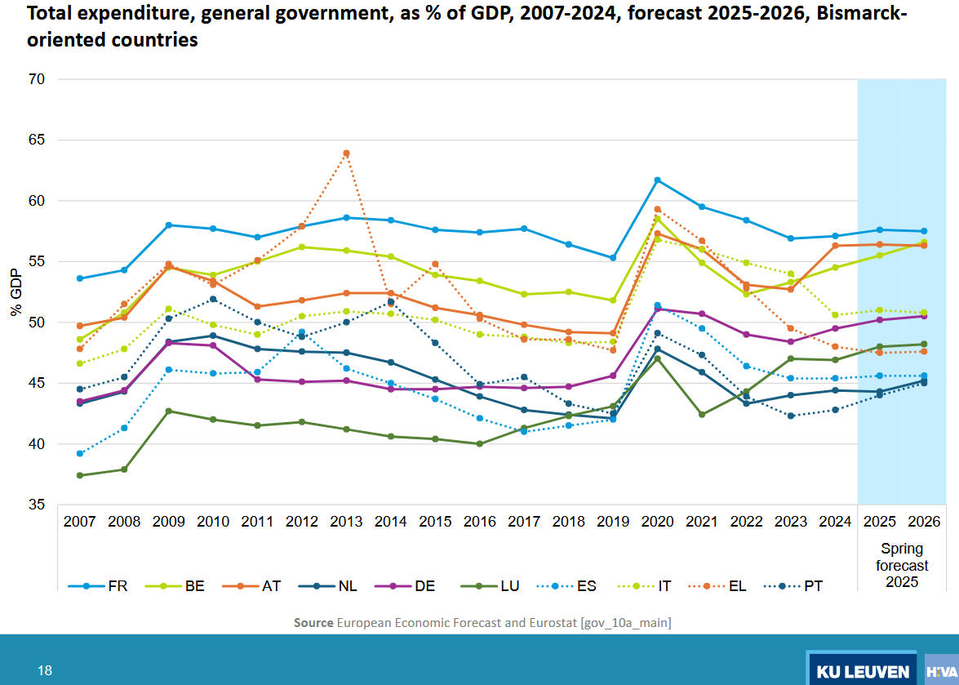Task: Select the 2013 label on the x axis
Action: [x=346, y=521]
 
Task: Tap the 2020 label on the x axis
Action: [x=657, y=521]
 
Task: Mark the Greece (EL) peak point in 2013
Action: [x=346, y=153]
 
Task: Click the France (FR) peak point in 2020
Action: [x=657, y=180]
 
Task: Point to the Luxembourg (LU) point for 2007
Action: [x=79, y=475]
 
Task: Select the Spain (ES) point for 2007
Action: [x=79, y=453]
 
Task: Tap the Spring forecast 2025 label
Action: [x=902, y=565]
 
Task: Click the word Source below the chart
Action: [x=313, y=623]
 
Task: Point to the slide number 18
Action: [x=45, y=670]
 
